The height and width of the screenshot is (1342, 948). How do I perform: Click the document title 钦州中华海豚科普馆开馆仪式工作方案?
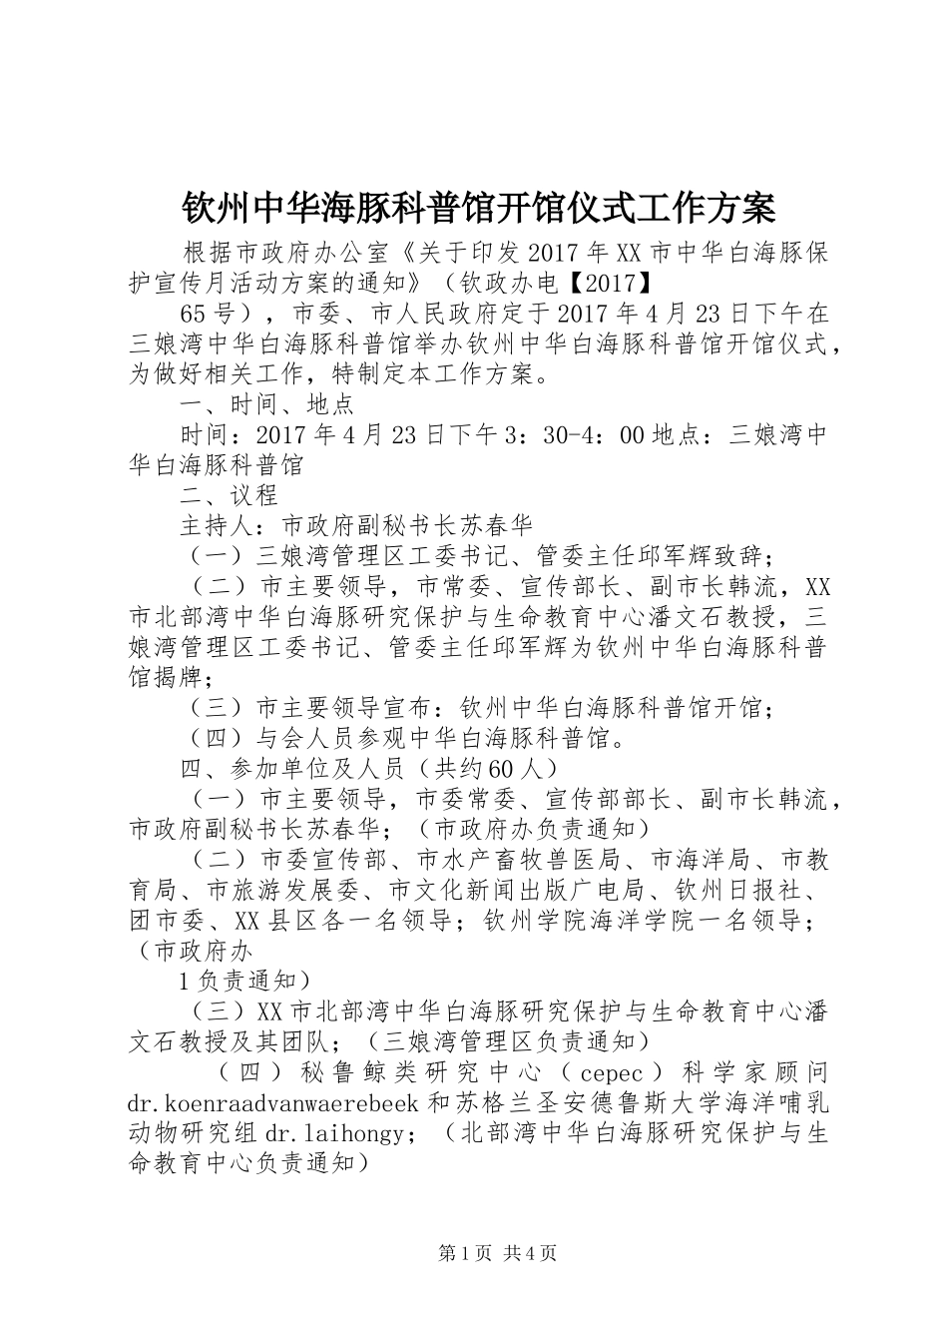coord(478,208)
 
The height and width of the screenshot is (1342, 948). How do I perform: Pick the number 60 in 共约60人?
coord(506,769)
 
